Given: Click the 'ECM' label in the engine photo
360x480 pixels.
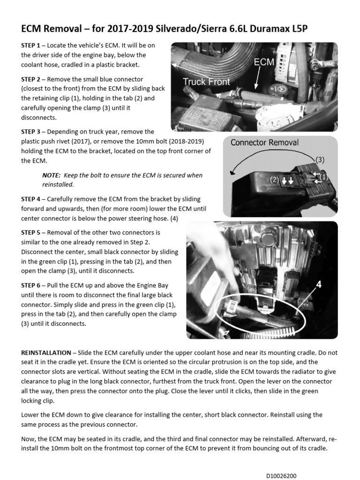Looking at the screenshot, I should point(264,62).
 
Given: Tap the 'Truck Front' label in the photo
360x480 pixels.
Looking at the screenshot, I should point(206,82).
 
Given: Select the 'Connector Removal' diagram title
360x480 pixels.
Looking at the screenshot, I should point(264,142).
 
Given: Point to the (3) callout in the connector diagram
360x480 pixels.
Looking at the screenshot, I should point(320,159).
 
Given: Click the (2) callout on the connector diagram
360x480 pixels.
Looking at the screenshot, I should point(274,180).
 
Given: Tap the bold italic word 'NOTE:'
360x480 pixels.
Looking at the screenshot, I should point(52,175).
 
